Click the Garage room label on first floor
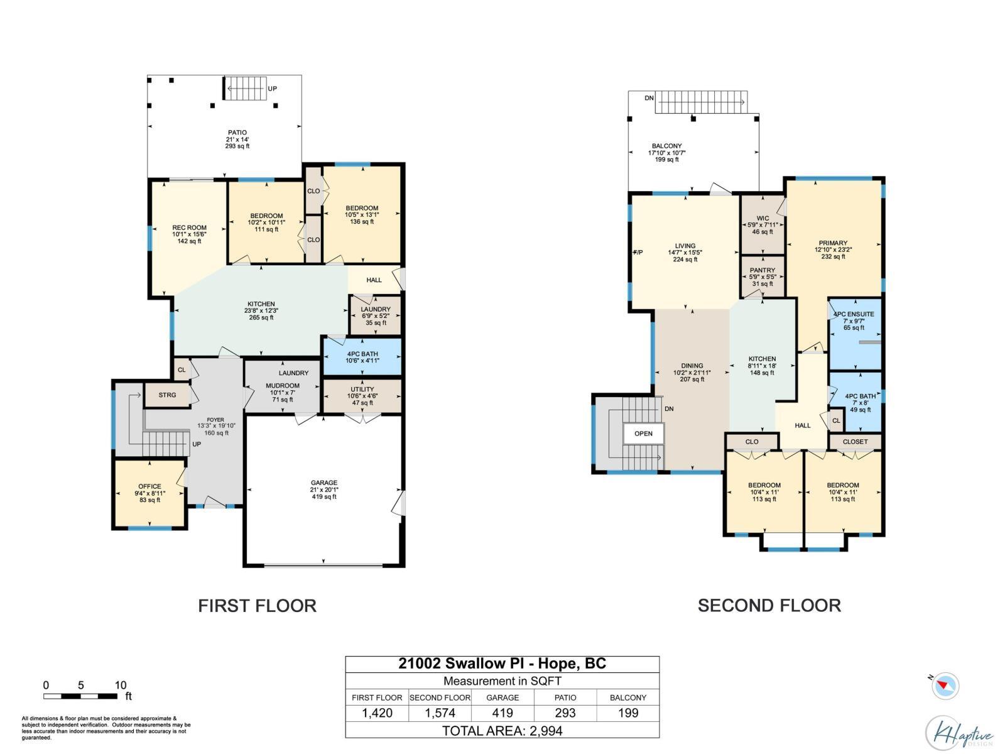pos(324,483)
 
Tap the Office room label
pos(149,486)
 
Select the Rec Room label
pos(189,228)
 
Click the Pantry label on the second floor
pos(763,270)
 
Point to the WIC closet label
pos(763,219)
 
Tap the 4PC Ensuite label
pos(853,314)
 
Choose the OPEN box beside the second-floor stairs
pos(643,434)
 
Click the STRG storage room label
pos(167,395)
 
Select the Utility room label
pos(362,390)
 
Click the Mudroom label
pos(283,386)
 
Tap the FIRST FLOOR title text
pos(257,606)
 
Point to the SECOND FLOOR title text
pos(769,606)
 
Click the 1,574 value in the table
pos(440,713)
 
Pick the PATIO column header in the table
pos(565,697)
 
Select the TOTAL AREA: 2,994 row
pos(503,731)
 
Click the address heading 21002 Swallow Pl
pos(503,664)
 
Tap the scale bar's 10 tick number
pos(121,686)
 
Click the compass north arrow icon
pos(945,686)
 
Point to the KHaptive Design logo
pos(959,733)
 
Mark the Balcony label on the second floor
pos(666,146)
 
